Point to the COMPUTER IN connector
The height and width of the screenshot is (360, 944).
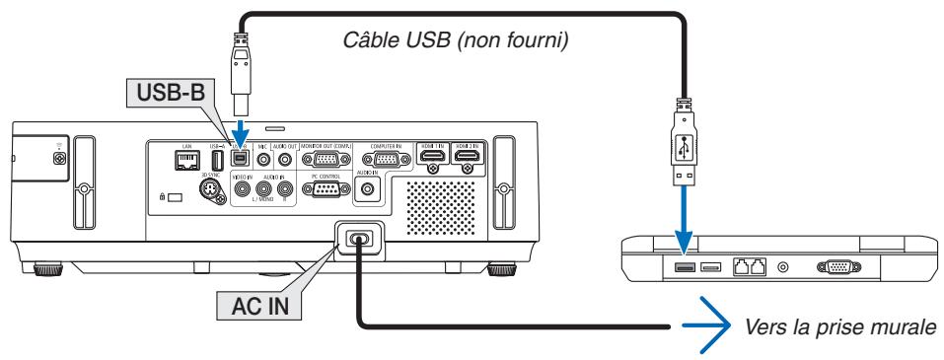coord(385,161)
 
